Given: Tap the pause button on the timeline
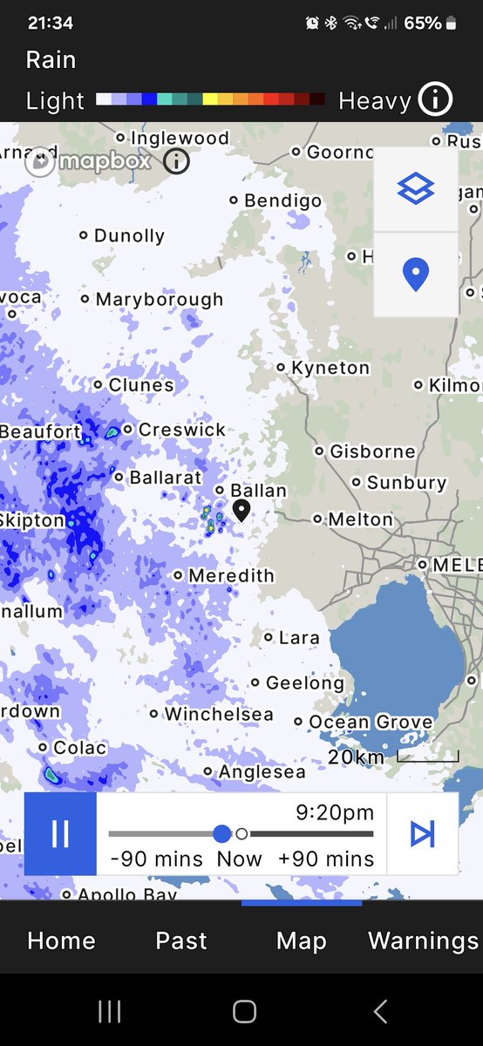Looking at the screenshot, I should [60, 834].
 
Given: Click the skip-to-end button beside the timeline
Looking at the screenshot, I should [423, 834].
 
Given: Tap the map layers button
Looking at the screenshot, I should [415, 188].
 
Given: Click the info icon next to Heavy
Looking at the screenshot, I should [434, 100].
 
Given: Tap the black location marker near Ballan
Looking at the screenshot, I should [241, 510].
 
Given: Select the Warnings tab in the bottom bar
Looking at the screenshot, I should [423, 941].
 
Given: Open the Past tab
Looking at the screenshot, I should [181, 941].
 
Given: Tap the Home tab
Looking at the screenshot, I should [61, 941].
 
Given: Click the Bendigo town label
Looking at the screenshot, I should [282, 200].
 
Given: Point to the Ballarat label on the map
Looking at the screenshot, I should [165, 478].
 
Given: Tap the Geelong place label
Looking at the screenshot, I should [305, 683].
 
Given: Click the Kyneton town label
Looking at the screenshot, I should [330, 368].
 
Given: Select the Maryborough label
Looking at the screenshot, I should [160, 299].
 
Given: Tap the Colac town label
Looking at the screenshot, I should [79, 748].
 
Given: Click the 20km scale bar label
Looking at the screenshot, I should [356, 757].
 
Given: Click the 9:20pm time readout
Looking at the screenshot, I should [335, 813].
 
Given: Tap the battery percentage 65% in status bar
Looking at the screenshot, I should [423, 24].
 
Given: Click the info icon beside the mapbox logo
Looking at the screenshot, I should [177, 161].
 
